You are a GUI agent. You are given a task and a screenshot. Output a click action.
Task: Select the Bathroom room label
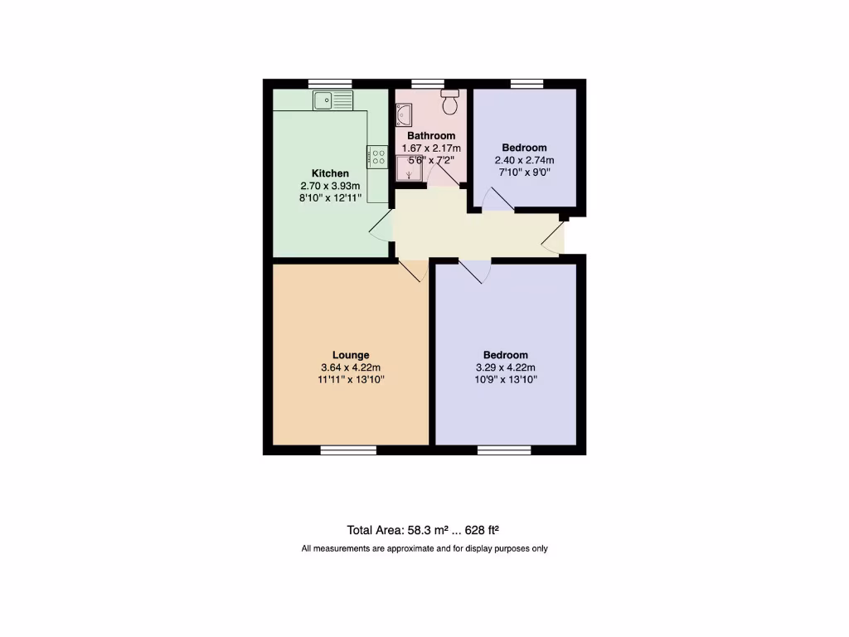tap(431, 136)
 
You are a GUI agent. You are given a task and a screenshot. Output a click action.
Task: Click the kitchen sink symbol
tap(332, 100)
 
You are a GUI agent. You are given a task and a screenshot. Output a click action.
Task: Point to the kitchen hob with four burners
tap(377, 158)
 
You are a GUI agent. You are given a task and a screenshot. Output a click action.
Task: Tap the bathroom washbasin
tap(404, 114)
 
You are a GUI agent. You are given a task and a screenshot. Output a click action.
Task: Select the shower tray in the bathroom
tap(409, 169)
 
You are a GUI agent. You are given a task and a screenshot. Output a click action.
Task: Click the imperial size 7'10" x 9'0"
tap(524, 173)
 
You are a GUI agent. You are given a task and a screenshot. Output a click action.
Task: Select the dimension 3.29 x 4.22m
tap(505, 367)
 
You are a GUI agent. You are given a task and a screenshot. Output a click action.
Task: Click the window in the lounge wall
tap(348, 450)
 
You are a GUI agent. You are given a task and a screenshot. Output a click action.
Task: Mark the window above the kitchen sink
tap(329, 83)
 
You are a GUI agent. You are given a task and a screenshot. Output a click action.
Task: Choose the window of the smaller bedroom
tap(526, 83)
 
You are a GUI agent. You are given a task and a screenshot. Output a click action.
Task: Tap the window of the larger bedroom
tap(504, 450)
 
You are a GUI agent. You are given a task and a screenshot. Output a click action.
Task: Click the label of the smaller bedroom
tap(524, 148)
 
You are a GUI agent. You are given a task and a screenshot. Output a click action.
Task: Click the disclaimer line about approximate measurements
tap(424, 548)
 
